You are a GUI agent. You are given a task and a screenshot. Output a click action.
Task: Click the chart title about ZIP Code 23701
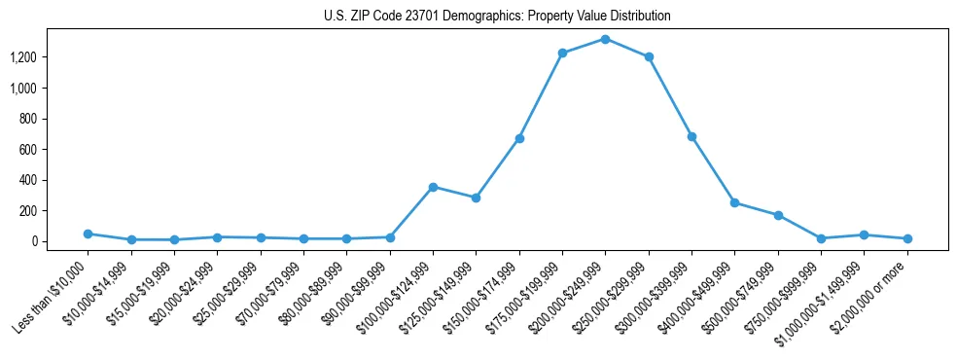497,16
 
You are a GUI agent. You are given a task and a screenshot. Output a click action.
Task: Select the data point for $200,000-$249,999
605,39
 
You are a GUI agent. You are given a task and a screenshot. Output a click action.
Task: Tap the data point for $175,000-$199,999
562,53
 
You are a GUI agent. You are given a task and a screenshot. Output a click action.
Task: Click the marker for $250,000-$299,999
649,56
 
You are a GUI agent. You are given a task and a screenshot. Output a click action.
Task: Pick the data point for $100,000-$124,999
433,187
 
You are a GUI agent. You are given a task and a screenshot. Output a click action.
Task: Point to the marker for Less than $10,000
88,234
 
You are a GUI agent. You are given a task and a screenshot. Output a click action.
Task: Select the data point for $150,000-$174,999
519,138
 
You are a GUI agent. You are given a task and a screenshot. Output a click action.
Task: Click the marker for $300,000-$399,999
691,136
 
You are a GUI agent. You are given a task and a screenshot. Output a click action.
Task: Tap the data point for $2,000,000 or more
907,238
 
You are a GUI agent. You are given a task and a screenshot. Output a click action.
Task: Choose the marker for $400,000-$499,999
734,202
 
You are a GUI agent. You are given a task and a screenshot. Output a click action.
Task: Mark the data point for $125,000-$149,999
476,198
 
